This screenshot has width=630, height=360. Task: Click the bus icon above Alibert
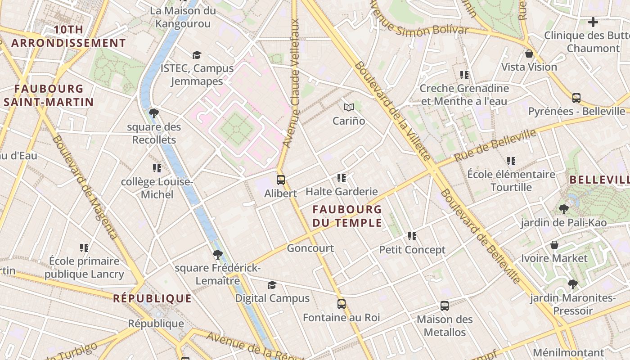point(281,180)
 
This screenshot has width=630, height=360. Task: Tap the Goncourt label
point(310,248)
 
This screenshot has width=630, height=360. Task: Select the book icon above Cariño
point(349,107)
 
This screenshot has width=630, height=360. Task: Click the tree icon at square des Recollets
point(154,113)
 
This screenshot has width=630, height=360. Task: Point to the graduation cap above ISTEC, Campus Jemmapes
point(197,55)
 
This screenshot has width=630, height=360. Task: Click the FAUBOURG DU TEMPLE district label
point(347,216)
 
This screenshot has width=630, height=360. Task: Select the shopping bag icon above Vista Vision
point(529,54)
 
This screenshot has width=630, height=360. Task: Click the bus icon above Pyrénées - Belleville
point(576,98)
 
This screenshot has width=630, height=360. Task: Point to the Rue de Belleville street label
point(495,145)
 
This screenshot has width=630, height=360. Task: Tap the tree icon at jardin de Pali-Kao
point(563,209)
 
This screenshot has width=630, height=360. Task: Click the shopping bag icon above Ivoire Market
point(554,245)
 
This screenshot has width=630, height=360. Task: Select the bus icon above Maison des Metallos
point(445,306)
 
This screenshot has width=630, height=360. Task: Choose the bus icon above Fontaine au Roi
point(342,304)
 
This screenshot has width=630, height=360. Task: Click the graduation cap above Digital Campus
point(272,285)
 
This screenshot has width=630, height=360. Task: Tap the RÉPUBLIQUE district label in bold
point(152,298)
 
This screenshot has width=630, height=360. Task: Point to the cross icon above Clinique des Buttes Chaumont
point(593,22)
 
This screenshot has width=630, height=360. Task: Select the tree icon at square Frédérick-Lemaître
point(218,255)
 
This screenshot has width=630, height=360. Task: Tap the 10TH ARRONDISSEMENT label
point(68,36)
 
